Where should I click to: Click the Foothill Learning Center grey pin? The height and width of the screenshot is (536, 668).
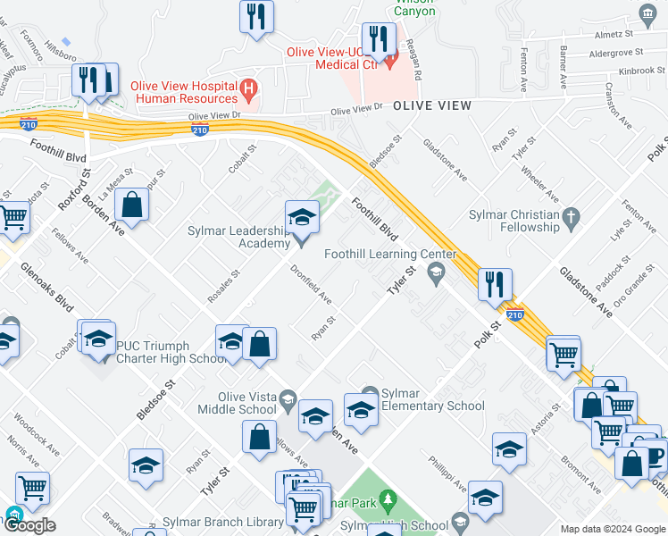click(x=437, y=276)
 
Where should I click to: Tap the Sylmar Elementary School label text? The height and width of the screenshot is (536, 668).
click(x=433, y=399)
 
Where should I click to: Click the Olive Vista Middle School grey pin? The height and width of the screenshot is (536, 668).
click(x=288, y=398)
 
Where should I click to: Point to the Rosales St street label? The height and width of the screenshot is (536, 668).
click(x=224, y=286)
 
